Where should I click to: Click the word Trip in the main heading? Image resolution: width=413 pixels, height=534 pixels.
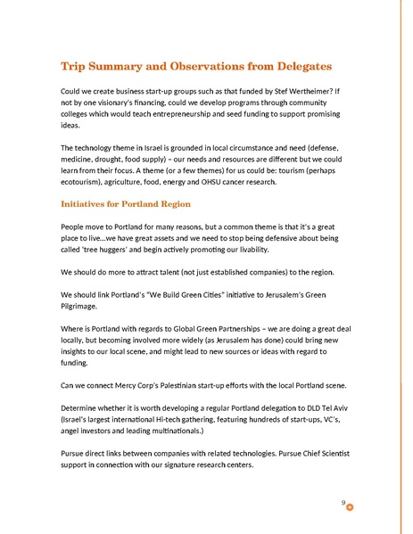(x=73, y=67)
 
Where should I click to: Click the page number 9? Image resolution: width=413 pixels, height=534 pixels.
(x=343, y=503)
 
